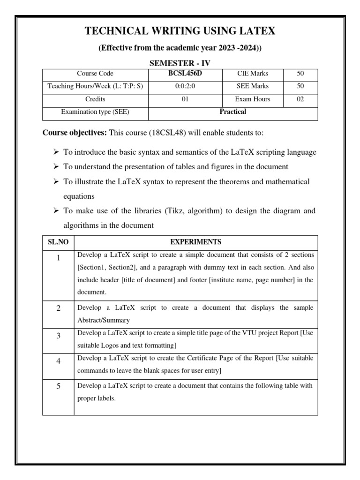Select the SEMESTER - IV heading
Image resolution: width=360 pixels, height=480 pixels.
click(180, 63)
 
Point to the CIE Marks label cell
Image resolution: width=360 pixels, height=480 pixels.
click(252, 74)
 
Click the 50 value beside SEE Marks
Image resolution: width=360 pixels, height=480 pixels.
click(300, 86)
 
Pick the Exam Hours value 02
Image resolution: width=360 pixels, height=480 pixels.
click(300, 99)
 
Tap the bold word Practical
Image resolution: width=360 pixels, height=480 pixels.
click(233, 112)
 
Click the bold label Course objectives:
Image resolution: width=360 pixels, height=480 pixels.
click(75, 133)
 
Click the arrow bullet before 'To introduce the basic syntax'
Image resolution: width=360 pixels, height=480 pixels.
click(55, 153)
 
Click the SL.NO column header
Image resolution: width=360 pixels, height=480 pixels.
click(58, 242)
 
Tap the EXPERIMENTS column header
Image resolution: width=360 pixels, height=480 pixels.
click(196, 242)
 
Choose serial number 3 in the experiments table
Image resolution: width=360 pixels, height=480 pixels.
click(58, 337)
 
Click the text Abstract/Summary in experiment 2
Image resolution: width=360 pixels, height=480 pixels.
click(100, 320)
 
